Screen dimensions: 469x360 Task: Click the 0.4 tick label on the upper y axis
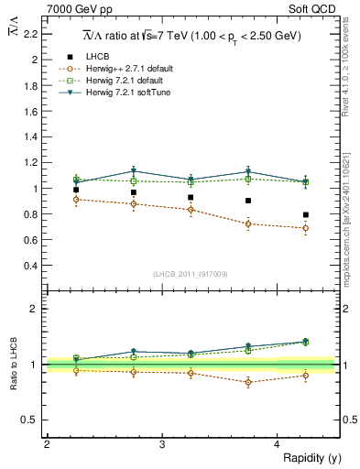32,266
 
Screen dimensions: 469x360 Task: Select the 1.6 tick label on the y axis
32,111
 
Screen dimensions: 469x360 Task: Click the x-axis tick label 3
161,444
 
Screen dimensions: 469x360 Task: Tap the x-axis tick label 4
277,444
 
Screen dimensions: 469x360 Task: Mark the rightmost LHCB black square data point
306,215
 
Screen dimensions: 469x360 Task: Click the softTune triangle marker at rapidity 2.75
134,171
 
